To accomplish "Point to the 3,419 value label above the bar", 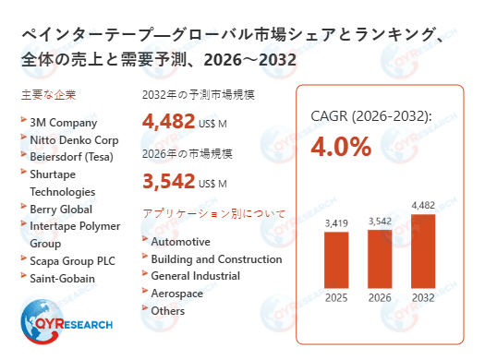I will (x=336, y=222).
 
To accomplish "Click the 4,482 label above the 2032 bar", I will (x=422, y=205).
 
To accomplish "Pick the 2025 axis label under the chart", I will (x=336, y=298).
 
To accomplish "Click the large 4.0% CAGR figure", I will (x=341, y=146).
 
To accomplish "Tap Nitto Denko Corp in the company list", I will (x=75, y=138).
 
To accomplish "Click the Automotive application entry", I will (x=180, y=241).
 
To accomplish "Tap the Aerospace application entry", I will (x=178, y=294).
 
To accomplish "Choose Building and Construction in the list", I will (x=216, y=258).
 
